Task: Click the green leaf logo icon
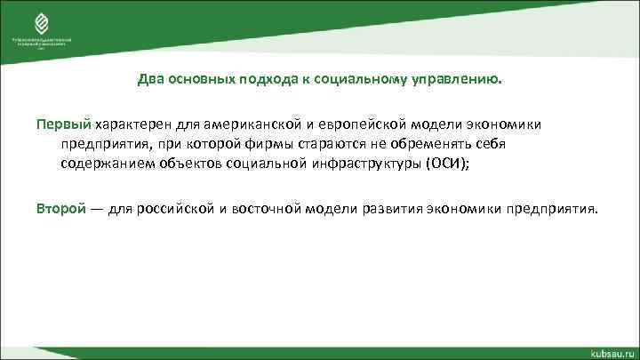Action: click(39, 22)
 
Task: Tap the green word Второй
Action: click(61, 209)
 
